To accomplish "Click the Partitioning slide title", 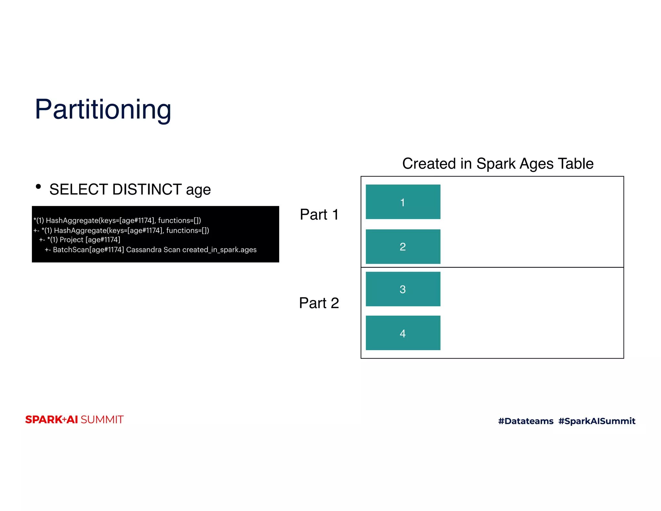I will click(x=103, y=109).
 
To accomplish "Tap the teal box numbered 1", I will click(x=403, y=202).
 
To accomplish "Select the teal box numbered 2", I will click(x=403, y=246).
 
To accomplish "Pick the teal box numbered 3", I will click(x=403, y=289).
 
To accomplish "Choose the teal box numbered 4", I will click(x=403, y=333).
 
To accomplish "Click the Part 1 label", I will click(x=319, y=214).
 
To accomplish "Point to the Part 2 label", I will click(x=319, y=303).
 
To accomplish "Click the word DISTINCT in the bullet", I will click(x=147, y=189).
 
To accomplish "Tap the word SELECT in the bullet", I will click(x=79, y=189).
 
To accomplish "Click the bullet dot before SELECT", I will click(x=38, y=186).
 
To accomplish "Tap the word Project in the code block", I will click(x=71, y=240).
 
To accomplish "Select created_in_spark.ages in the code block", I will click(x=219, y=250).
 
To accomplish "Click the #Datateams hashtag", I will click(x=525, y=421).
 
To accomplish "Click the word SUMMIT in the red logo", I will click(x=102, y=420).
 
